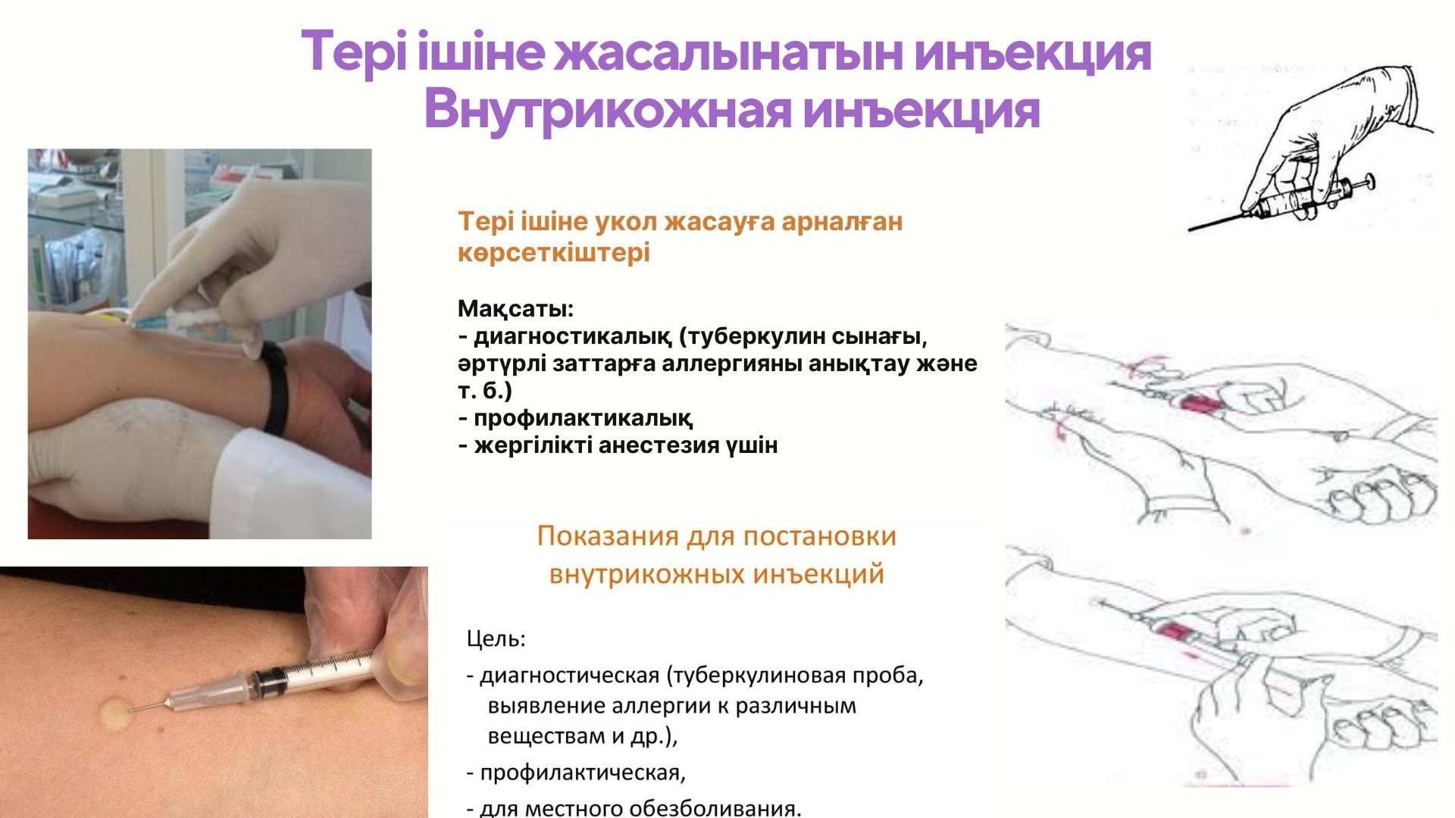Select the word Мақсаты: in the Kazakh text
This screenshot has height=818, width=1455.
click(x=516, y=310)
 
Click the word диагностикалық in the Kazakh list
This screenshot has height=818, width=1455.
click(x=573, y=337)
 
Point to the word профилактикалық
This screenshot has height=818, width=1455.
click(x=583, y=418)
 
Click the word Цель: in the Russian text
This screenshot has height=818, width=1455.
click(x=496, y=640)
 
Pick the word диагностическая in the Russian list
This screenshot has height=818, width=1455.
click(x=570, y=675)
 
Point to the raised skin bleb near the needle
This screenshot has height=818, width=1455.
click(x=115, y=711)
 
